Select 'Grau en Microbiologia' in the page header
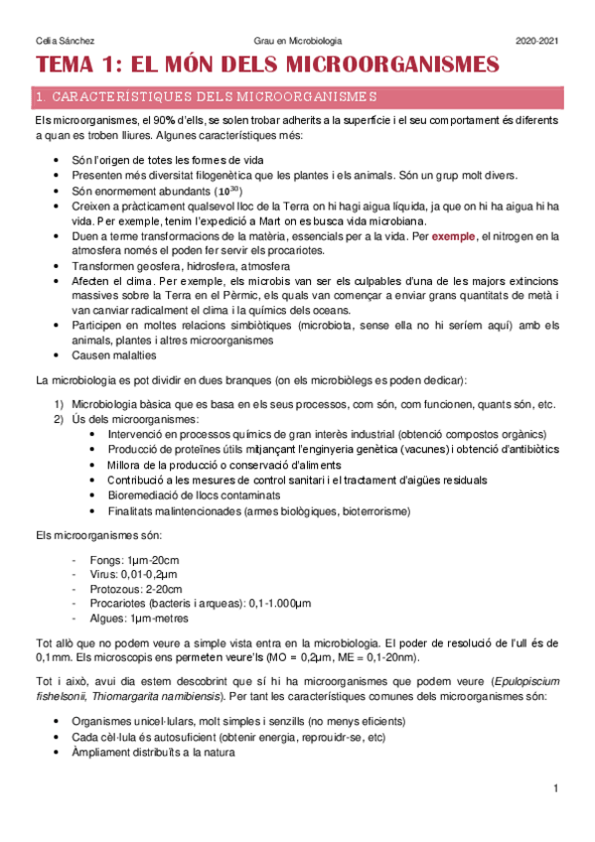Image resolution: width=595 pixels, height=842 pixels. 298,40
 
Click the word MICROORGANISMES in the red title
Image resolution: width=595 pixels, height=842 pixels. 391,67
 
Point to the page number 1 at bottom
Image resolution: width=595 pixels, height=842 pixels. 557,788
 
